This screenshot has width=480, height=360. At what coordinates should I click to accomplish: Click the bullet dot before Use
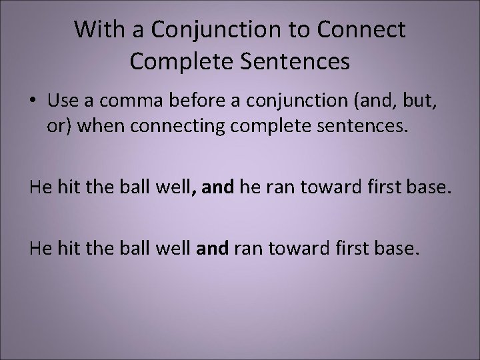click(33, 101)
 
